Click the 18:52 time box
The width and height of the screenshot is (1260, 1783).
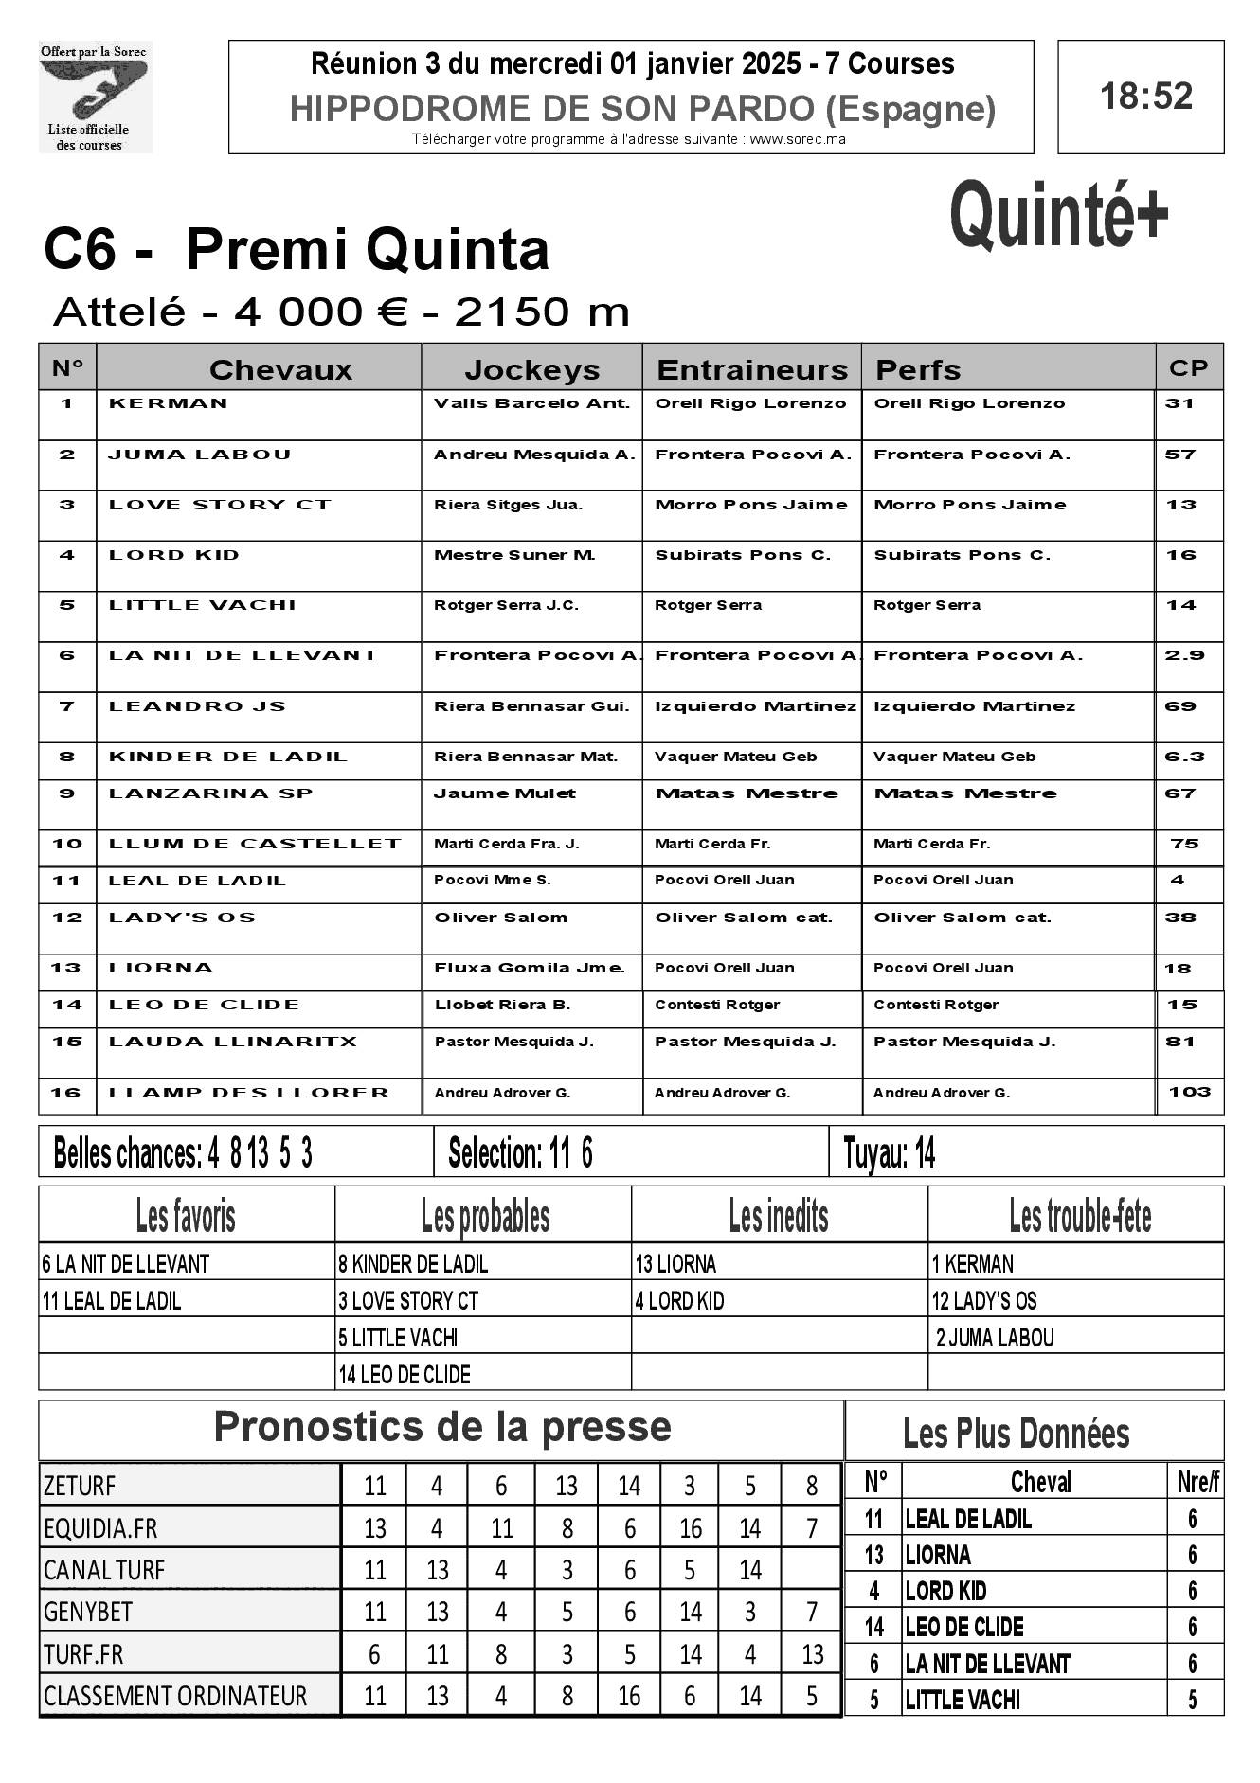[x=1141, y=97]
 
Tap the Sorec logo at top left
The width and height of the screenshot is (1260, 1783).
[x=95, y=97]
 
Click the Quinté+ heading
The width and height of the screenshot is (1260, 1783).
[x=1058, y=217]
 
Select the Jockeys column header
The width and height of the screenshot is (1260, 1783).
[x=531, y=369]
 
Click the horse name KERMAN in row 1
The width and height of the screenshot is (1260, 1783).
[x=169, y=403]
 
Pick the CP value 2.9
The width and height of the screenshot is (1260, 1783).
[x=1184, y=655]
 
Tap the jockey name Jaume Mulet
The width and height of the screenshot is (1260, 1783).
[x=504, y=793]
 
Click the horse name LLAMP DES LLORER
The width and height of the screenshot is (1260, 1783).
[x=249, y=1093]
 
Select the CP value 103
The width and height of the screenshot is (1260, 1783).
[x=1189, y=1092]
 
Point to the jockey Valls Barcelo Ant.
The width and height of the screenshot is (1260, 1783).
[x=531, y=403]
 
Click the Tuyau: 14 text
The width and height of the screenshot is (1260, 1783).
[x=889, y=1153]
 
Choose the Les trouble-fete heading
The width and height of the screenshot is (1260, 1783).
[x=1079, y=1217]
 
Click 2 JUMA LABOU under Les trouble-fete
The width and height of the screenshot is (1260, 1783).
[x=995, y=1338]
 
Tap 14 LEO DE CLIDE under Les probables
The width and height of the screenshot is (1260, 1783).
[x=405, y=1375]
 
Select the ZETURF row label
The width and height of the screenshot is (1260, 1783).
[x=80, y=1487]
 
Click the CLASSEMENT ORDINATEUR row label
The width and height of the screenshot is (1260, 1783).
[x=175, y=1696]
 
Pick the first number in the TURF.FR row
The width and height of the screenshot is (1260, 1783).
[x=374, y=1654]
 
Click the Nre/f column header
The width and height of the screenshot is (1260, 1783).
[x=1197, y=1482]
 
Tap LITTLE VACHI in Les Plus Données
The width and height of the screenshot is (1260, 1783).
[x=963, y=1701]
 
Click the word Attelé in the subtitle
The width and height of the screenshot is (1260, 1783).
[x=119, y=312]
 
